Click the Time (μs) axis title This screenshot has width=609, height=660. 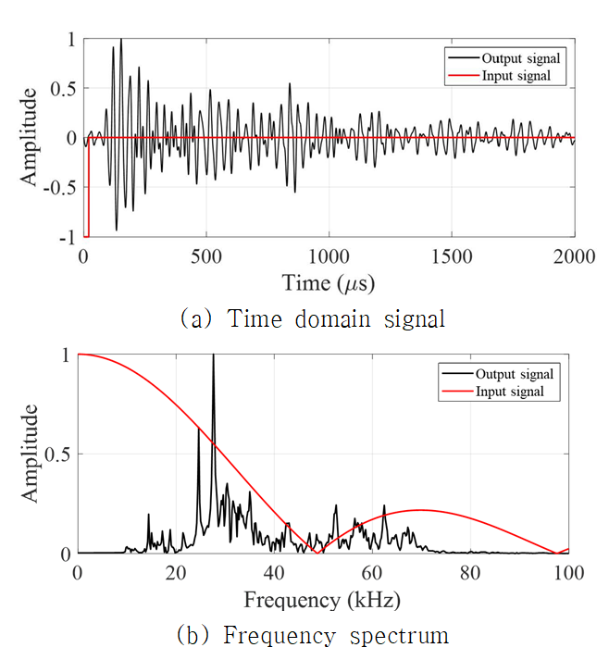click(x=329, y=280)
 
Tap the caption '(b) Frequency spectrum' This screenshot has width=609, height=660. click(x=312, y=636)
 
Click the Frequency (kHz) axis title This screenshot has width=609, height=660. click(x=322, y=599)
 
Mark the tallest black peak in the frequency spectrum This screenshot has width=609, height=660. click(x=213, y=355)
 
